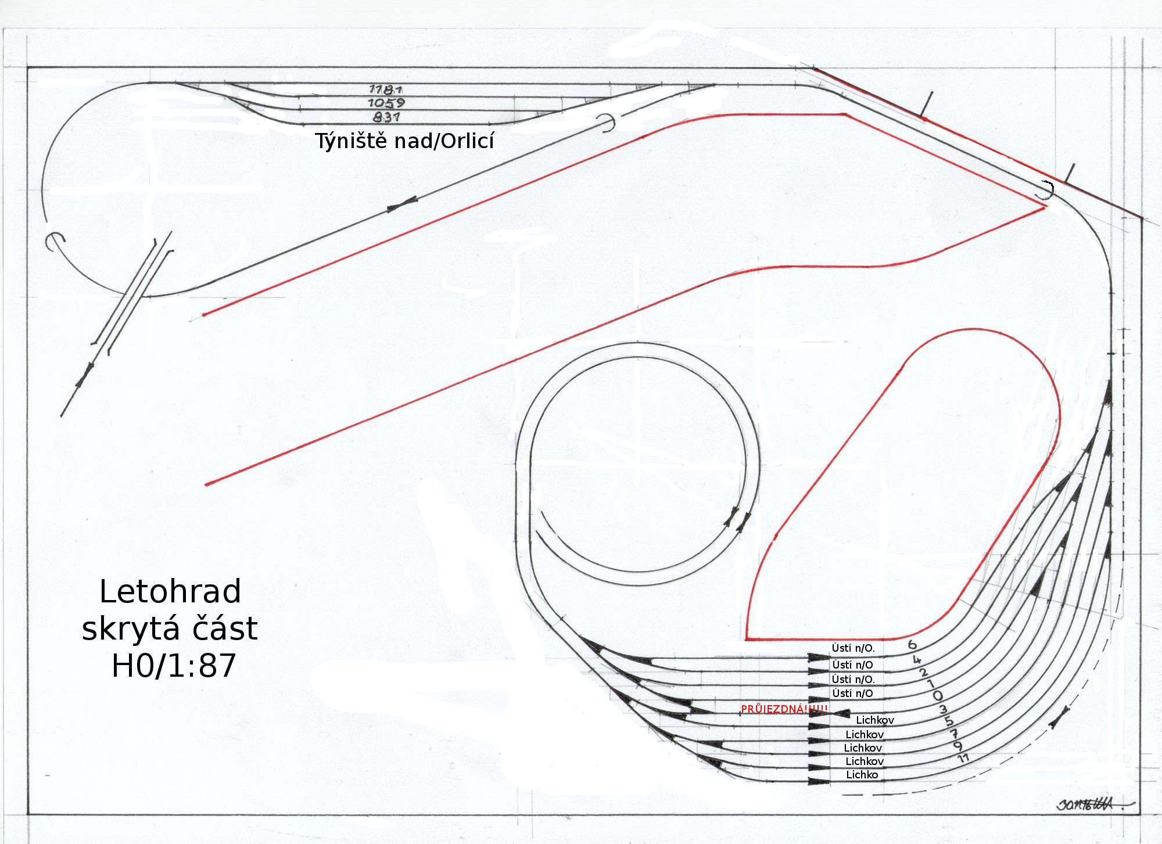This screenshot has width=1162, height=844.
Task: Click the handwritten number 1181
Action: (386, 89)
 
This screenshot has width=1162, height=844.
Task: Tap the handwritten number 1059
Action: (386, 103)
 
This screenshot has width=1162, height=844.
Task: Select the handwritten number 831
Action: (386, 117)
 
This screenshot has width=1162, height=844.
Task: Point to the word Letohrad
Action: (170, 591)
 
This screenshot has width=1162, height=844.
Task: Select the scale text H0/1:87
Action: (174, 666)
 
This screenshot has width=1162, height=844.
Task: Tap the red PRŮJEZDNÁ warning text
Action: (784, 709)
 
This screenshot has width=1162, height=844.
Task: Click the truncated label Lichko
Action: (862, 774)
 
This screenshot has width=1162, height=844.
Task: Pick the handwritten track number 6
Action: (912, 644)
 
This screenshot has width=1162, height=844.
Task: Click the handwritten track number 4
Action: (917, 660)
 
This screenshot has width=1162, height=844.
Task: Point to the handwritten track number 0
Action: (937, 695)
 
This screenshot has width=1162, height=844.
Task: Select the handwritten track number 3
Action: (943, 709)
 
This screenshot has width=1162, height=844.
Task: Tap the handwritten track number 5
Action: (949, 721)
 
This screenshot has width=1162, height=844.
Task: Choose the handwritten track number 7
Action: (953, 734)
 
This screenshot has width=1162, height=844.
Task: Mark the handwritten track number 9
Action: (958, 746)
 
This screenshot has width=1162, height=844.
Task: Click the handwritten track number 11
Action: (963, 758)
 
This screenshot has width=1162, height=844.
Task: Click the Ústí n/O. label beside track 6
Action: (853, 648)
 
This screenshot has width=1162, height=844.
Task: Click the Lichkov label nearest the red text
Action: (875, 720)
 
